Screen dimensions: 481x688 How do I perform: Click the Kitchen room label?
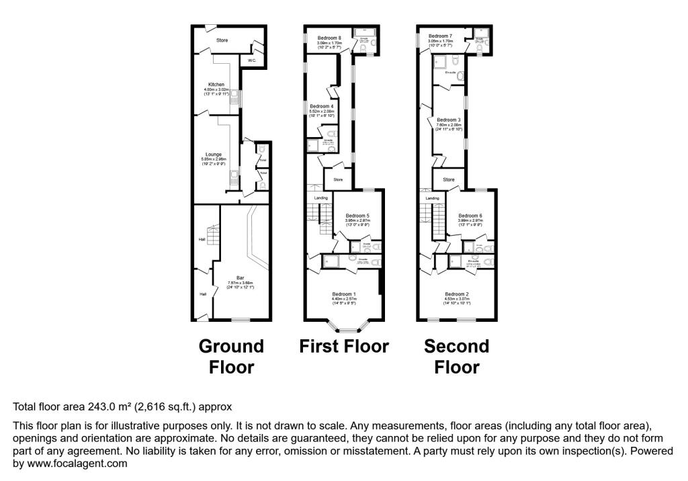217,85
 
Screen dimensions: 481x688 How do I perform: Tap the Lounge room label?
214,155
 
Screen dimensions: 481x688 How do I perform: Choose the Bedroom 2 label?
456,294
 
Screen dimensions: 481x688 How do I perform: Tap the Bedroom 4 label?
321,107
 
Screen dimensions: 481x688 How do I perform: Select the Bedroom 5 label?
358,216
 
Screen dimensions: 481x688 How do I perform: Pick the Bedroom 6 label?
470,216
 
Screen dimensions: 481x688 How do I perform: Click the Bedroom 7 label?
440,36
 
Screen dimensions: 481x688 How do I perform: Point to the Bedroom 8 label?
329,38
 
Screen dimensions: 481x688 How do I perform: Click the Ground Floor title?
231,357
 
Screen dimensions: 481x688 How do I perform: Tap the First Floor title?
344,347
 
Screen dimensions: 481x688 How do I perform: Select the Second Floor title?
456,357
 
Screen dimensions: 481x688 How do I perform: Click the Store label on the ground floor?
222,40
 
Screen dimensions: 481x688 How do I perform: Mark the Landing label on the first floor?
320,198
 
